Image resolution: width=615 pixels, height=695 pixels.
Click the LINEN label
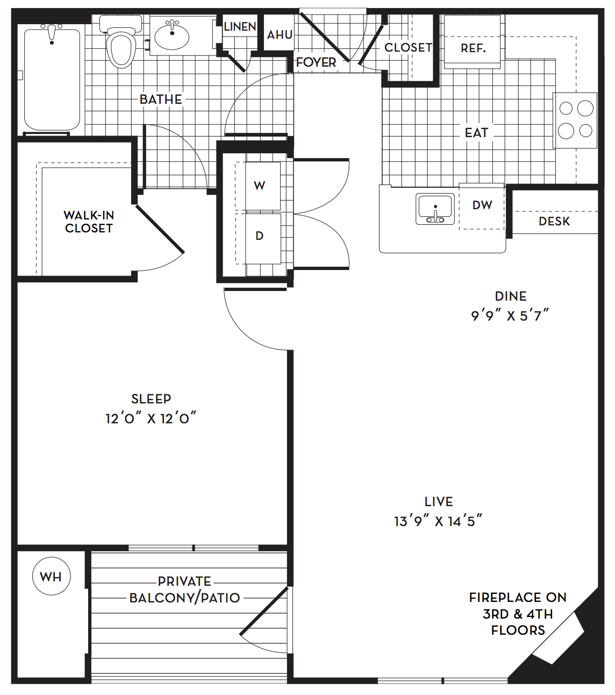pos(240,26)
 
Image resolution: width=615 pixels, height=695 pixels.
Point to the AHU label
pos(280,34)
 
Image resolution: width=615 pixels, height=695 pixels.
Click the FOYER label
pos(316,62)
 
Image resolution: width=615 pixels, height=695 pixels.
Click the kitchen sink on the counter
pos(435,209)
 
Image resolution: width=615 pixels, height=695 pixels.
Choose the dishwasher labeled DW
pos(482,206)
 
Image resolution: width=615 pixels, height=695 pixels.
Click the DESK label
pos(554,221)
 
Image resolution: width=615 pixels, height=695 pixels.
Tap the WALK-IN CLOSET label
pos(89,222)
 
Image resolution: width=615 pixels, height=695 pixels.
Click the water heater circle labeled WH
pos(52,576)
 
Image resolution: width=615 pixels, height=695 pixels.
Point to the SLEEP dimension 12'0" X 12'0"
pos(151,419)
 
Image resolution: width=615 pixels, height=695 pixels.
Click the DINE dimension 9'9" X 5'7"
pos(510,316)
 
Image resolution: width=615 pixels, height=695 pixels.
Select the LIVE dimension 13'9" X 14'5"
pos(438,521)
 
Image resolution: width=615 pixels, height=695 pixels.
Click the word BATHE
pos(161,100)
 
